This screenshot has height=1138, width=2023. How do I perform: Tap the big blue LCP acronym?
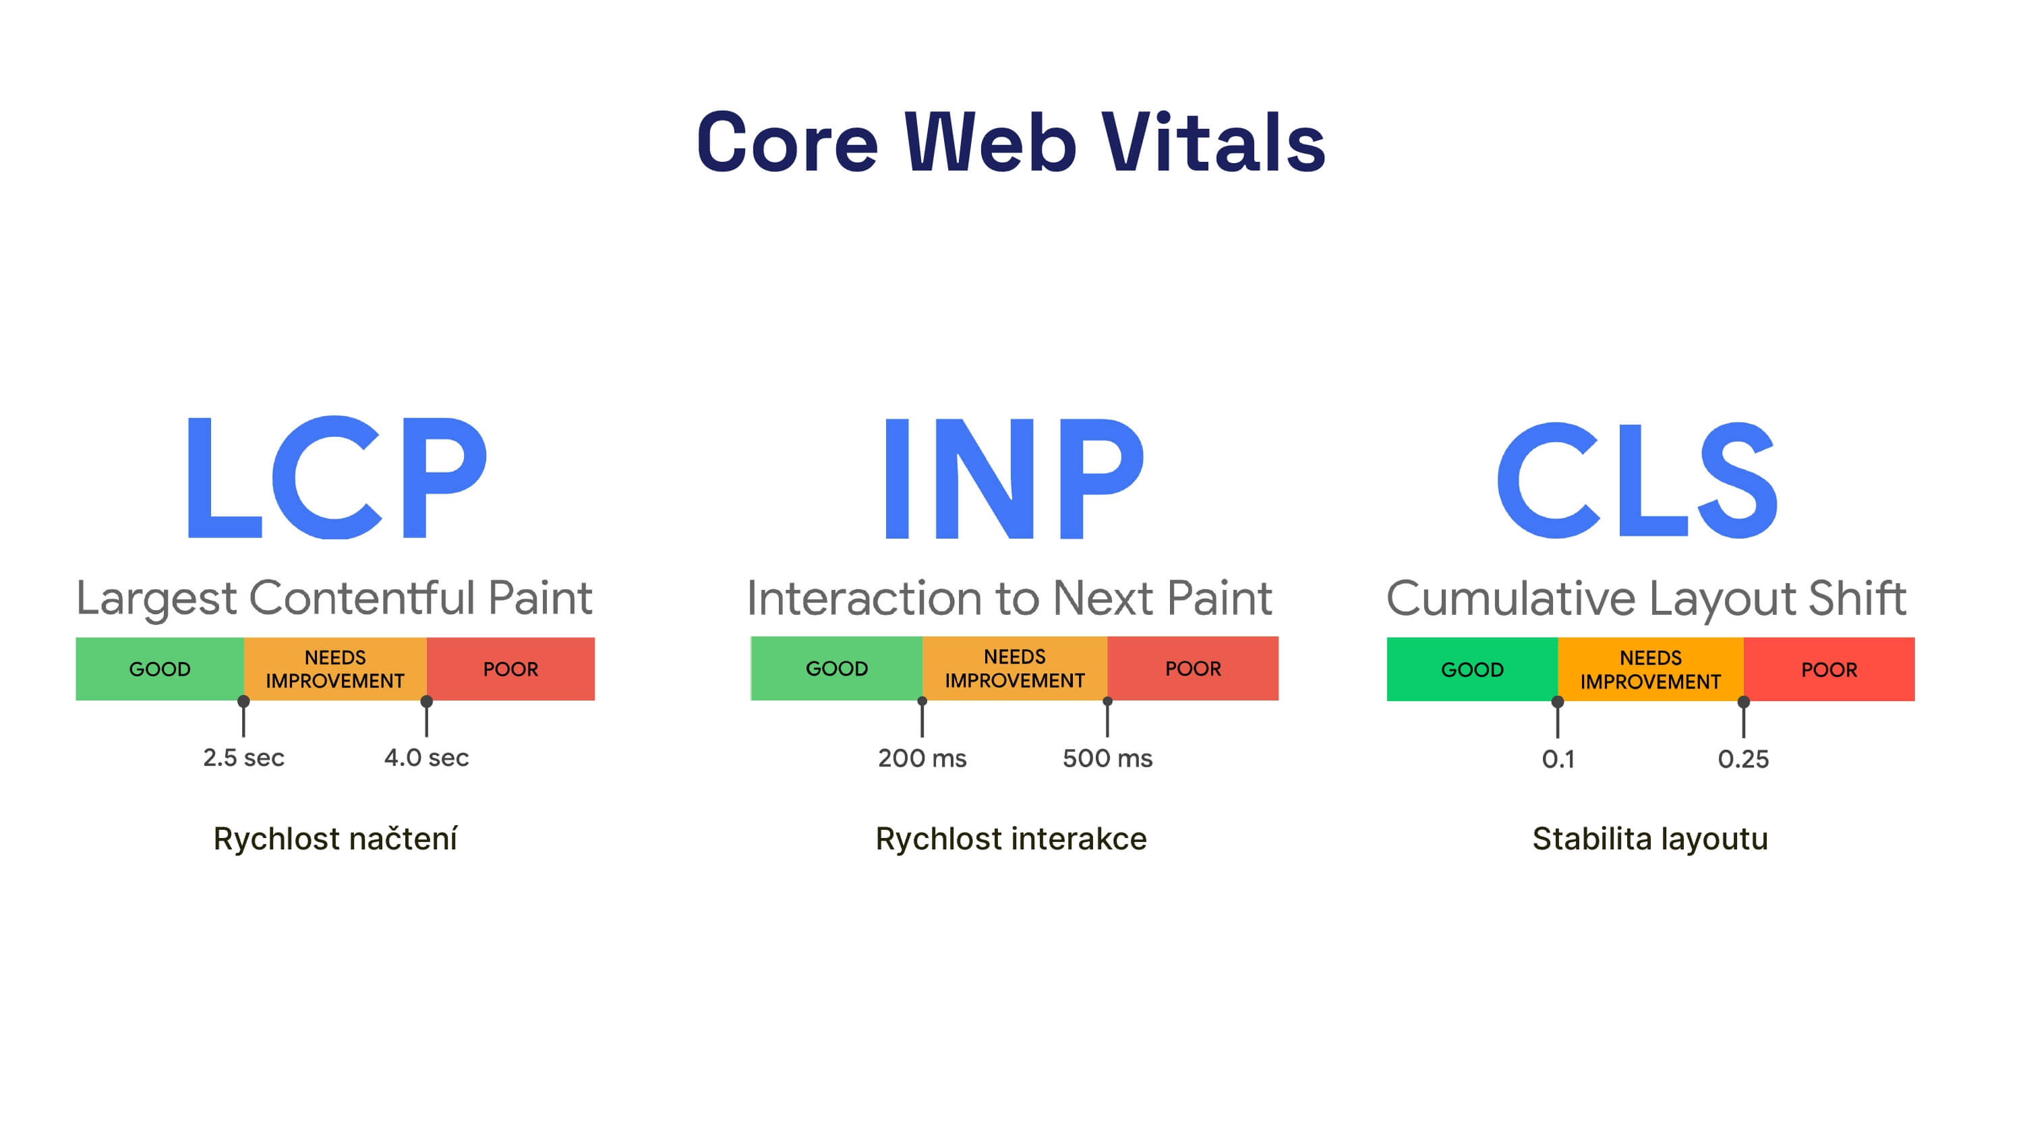pyautogui.click(x=336, y=477)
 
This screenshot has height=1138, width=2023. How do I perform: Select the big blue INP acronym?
pyautogui.click(x=1013, y=477)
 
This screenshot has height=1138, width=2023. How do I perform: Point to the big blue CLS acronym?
pyautogui.click(x=1637, y=479)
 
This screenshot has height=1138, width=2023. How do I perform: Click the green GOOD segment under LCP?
pyautogui.click(x=159, y=669)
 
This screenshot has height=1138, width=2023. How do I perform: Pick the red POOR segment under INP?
pyautogui.click(x=1193, y=668)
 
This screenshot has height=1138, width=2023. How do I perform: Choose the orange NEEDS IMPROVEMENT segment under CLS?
pyautogui.click(x=1650, y=669)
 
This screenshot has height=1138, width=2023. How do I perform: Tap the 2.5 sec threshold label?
pyautogui.click(x=243, y=758)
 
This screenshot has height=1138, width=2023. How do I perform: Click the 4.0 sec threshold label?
pyautogui.click(x=426, y=758)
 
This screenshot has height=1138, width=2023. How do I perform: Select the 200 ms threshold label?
pyautogui.click(x=922, y=758)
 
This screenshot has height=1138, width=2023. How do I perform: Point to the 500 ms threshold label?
pyautogui.click(x=1107, y=758)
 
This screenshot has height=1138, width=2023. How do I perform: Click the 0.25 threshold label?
pyautogui.click(x=1742, y=759)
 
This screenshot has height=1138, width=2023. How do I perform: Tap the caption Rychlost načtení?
pyautogui.click(x=335, y=839)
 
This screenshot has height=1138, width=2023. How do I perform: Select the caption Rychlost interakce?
pyautogui.click(x=1011, y=839)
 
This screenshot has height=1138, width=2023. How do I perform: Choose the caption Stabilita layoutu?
pyautogui.click(x=1650, y=839)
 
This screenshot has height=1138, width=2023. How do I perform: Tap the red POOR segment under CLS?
pyautogui.click(x=1829, y=669)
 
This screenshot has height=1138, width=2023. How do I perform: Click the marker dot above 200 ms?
pyautogui.click(x=922, y=700)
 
